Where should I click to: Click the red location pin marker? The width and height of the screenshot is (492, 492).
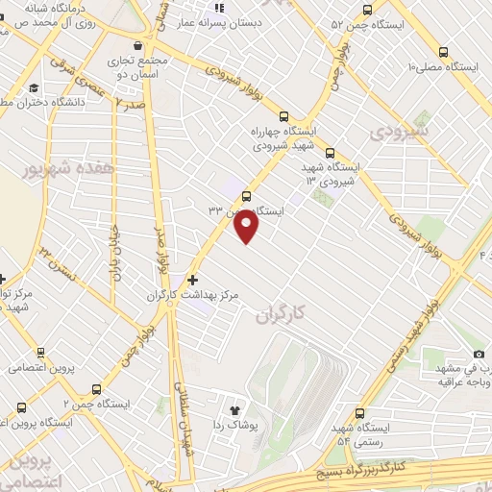pos(248,226)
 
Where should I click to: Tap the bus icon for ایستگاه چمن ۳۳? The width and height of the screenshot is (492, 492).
pos(247,196)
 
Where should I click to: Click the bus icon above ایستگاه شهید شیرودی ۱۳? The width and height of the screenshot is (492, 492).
pos(331,152)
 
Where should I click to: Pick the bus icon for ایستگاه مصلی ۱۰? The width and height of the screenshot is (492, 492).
pos(443,53)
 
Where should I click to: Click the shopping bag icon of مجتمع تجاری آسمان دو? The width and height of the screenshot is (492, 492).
pos(139,45)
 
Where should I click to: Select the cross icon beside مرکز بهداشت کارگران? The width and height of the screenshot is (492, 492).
pos(192,280)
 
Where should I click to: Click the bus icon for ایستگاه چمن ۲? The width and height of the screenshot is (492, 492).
pos(96,389)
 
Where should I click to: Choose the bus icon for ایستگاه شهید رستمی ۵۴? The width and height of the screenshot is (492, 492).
pos(360,409)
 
